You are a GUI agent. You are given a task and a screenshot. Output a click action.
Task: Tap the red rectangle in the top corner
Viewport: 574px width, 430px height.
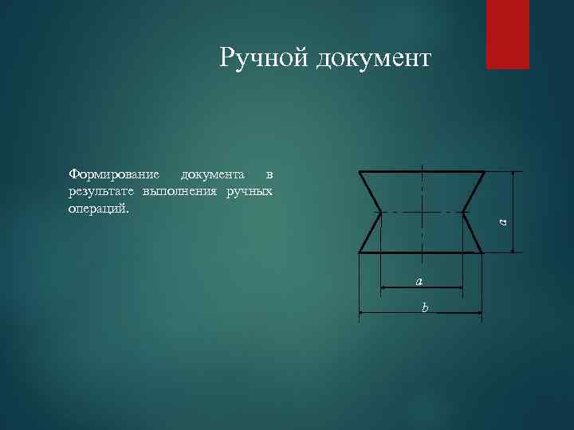pyautogui.click(x=507, y=34)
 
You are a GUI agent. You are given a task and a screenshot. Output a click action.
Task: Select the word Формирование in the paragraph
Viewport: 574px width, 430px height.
pyautogui.click(x=114, y=174)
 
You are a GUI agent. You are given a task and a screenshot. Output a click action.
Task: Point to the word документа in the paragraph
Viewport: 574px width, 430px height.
pyautogui.click(x=213, y=174)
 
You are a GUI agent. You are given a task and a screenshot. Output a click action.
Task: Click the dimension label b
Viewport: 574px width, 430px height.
pyautogui.click(x=425, y=307)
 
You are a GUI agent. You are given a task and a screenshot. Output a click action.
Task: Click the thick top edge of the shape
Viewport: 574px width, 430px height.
pyautogui.click(x=399, y=171)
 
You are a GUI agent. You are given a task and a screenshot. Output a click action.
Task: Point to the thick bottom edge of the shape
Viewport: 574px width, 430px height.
pyautogui.click(x=399, y=252)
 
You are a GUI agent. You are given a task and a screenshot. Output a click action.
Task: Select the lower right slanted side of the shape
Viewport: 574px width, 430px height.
pyautogui.click(x=473, y=233)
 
